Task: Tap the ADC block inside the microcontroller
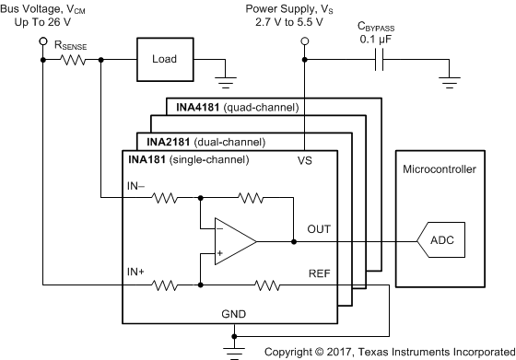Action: pyautogui.click(x=436, y=240)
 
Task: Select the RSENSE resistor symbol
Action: pyautogui.click(x=73, y=60)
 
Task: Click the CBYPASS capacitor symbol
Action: pyautogui.click(x=378, y=60)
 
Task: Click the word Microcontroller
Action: pyautogui.click(x=439, y=169)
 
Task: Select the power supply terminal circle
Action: pyautogui.click(x=304, y=42)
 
